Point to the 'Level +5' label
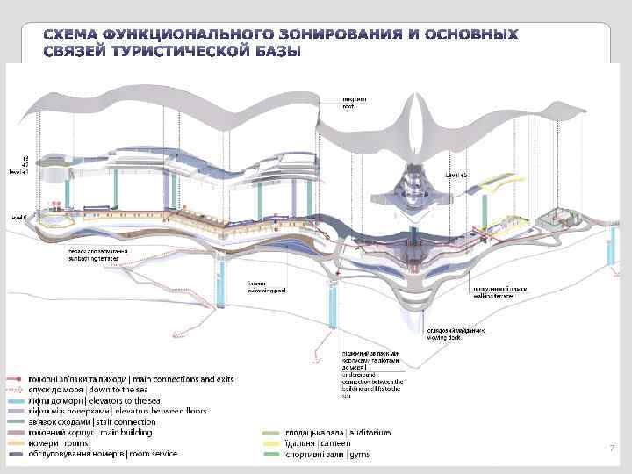(457, 176)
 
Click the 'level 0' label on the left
(18, 216)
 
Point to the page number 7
(611, 448)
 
